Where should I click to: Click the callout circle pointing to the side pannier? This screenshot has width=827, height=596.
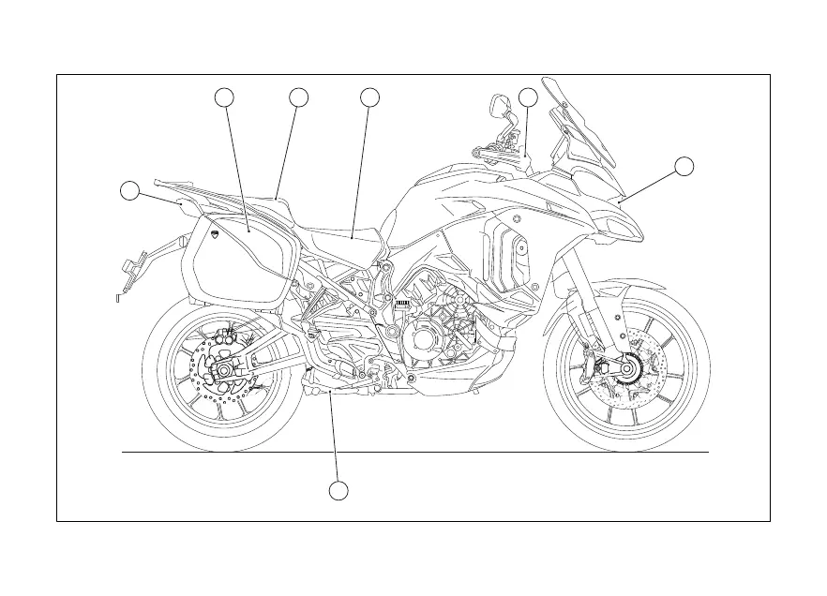225,97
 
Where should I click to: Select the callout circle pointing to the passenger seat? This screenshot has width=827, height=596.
299,97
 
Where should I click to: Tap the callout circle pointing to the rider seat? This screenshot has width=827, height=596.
369,97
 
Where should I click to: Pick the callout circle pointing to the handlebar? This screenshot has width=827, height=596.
529,97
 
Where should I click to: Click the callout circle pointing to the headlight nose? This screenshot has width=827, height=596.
684,167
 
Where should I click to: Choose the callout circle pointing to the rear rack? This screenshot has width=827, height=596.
130,191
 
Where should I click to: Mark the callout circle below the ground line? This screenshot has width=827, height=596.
339,490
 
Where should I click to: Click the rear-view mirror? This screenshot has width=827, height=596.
498,109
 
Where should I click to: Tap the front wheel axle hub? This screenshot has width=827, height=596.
625,371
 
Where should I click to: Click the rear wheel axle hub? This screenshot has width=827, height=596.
225,372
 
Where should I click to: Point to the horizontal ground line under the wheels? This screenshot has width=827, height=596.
413,452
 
